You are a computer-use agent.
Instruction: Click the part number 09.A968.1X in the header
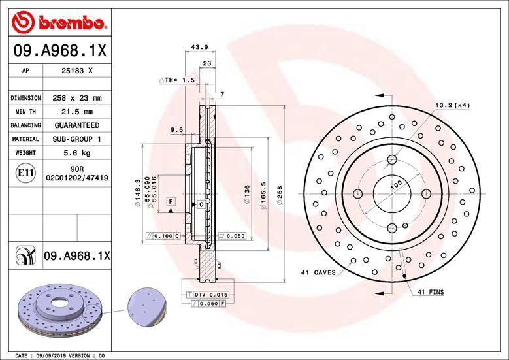coord(59,50)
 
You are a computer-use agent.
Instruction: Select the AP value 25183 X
coord(76,69)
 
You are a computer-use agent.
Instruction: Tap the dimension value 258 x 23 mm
coord(77,98)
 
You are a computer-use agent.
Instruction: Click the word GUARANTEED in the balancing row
coord(76,125)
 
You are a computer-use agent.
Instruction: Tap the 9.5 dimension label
coord(176,130)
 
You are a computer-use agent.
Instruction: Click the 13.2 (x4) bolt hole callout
coord(452,105)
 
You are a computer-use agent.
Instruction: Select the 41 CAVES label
coord(318,272)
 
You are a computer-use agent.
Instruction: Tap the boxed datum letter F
coord(171,202)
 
